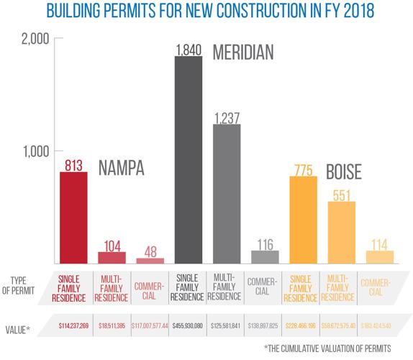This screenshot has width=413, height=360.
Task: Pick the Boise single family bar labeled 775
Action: click(x=303, y=220)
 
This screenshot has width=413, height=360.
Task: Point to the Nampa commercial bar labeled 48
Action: click(x=150, y=260)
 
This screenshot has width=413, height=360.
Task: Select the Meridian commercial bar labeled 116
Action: click(x=264, y=257)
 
